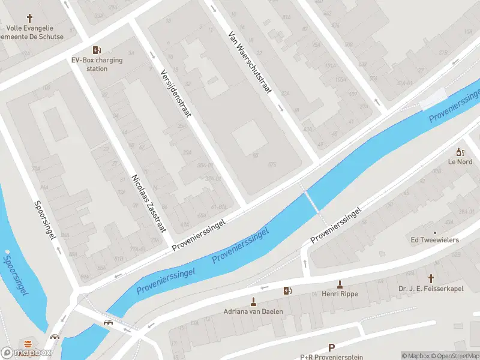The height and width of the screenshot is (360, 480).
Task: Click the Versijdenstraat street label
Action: tap(175, 92)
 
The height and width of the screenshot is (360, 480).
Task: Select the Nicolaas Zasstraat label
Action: tap(148, 203)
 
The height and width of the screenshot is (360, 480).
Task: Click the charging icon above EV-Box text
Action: tap(96, 50)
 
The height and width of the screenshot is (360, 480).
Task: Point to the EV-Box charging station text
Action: tap(97, 64)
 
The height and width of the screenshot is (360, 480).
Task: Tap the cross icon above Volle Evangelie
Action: tap(29, 18)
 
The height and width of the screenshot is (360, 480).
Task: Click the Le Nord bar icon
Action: tap(460, 152)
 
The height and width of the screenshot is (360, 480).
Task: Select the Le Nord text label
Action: tap(460, 162)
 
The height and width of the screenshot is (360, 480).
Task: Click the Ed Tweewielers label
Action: tap(434, 240)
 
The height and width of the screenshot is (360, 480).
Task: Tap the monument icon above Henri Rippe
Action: tap(340, 283)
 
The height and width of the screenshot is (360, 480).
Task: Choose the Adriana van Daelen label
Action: tap(253, 311)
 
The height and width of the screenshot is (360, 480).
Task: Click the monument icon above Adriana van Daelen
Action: tap(253, 301)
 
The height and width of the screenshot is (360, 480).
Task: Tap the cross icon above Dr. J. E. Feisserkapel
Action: tap(431, 278)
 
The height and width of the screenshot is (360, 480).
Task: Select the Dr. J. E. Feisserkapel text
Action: tap(431, 289)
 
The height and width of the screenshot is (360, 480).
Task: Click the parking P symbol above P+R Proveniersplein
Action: tap(331, 347)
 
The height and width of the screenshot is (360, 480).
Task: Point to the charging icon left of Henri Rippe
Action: tap(288, 291)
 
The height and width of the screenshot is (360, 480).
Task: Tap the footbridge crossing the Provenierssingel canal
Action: tap(311, 201)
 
